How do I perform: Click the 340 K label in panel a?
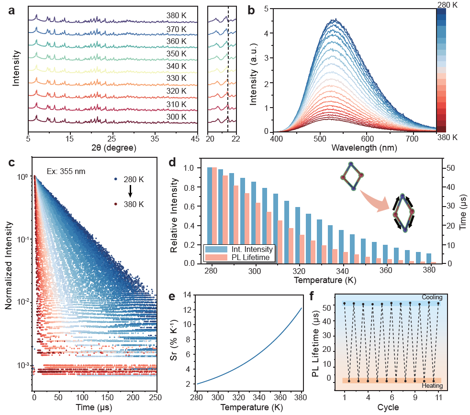coord(177,66)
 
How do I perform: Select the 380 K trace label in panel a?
coord(177,16)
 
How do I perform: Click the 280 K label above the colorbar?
coord(448,4)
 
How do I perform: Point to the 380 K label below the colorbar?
coord(448,138)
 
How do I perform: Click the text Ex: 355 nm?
coord(67,171)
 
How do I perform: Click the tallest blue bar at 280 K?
coord(210,215)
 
